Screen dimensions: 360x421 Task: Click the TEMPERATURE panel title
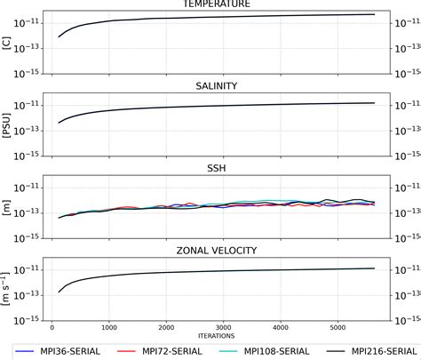pyautogui.click(x=217, y=4)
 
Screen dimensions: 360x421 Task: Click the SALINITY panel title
pyautogui.click(x=217, y=86)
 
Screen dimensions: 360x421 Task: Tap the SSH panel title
pyautogui.click(x=217, y=168)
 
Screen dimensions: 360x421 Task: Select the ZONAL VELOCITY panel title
pyautogui.click(x=217, y=251)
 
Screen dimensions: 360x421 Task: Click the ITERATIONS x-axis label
pyautogui.click(x=217, y=333)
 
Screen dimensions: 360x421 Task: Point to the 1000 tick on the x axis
pyautogui.click(x=109, y=325)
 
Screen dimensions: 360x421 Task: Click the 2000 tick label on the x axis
pyautogui.click(x=166, y=325)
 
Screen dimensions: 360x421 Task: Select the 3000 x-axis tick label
pyautogui.click(x=223, y=325)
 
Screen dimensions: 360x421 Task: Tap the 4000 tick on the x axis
pyautogui.click(x=280, y=325)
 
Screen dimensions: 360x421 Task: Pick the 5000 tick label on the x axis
pyautogui.click(x=337, y=325)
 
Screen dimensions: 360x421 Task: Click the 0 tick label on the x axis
pyautogui.click(x=52, y=325)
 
